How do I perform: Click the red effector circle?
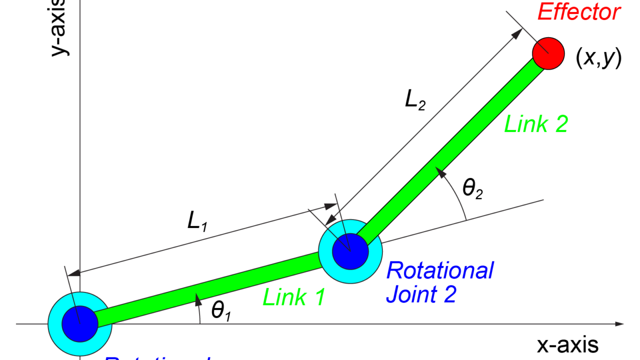click(548, 53)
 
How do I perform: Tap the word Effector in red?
click(578, 12)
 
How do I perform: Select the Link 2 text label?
click(535, 124)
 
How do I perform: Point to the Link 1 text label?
click(293, 297)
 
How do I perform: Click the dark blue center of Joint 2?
click(350, 251)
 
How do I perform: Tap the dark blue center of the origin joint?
click(80, 324)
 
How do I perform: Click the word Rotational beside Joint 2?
click(440, 270)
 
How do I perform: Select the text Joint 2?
click(421, 294)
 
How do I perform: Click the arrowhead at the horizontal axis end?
click(620, 324)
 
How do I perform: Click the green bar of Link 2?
click(450, 150)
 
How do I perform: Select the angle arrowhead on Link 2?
click(441, 173)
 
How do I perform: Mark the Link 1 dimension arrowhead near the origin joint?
click(73, 273)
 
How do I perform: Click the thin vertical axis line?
click(80, 150)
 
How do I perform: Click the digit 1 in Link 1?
click(319, 297)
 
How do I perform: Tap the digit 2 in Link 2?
click(561, 124)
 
